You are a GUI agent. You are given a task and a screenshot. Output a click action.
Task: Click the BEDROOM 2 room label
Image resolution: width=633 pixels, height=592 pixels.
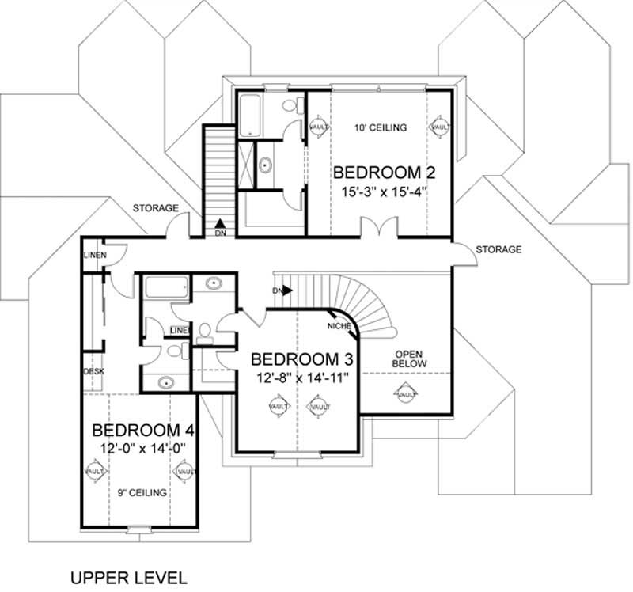(385, 173)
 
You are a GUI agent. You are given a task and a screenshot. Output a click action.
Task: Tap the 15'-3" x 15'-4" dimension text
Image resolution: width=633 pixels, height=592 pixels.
(385, 192)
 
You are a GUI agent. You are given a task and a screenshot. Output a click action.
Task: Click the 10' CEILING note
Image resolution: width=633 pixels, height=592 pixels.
(382, 127)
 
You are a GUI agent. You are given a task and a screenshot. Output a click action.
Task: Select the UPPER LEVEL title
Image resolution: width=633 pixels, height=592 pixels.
(129, 575)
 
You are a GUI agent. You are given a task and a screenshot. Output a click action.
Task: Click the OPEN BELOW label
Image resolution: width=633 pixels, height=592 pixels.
(411, 359)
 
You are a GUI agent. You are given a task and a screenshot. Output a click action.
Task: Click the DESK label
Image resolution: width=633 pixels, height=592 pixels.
(93, 370)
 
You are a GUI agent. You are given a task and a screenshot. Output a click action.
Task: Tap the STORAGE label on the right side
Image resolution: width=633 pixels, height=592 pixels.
(498, 250)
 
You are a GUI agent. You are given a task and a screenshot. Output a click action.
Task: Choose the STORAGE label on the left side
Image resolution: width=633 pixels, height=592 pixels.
(155, 208)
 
